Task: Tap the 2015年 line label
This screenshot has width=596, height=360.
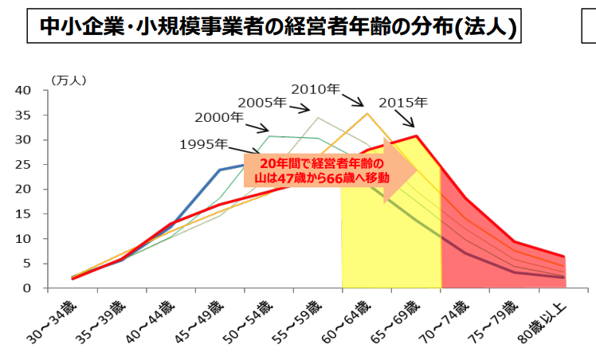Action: [x=402, y=103]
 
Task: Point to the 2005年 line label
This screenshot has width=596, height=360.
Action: [x=262, y=102]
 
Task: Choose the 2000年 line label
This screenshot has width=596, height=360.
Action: [x=219, y=117]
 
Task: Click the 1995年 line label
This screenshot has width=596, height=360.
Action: [x=203, y=144]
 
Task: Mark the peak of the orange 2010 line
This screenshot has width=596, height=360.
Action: [x=367, y=113]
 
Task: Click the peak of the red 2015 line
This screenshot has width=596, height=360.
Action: [x=416, y=136]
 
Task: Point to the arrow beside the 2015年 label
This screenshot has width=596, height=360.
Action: [x=407, y=119]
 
